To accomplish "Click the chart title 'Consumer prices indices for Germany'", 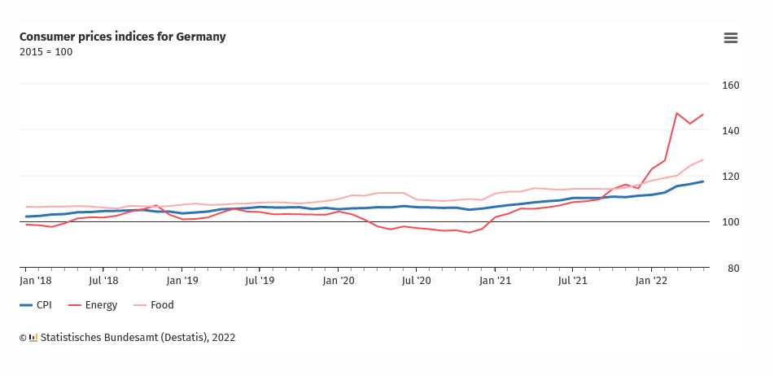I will [x=123, y=37].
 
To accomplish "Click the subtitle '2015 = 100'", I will [x=46, y=52].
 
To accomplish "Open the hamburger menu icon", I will [x=730, y=37].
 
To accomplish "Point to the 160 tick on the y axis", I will [x=730, y=85].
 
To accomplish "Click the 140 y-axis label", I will [x=730, y=131].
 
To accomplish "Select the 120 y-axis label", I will [x=730, y=177].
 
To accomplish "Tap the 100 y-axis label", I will [x=730, y=222].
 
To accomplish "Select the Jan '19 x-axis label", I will [x=181, y=281].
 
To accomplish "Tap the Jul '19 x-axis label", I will [x=260, y=281].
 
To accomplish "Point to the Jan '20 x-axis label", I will [x=338, y=281].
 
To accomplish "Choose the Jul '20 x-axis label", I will [x=416, y=281].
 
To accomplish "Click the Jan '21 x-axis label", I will [x=495, y=281].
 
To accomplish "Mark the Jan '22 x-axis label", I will [x=652, y=281].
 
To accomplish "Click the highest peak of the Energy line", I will [x=677, y=113].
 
